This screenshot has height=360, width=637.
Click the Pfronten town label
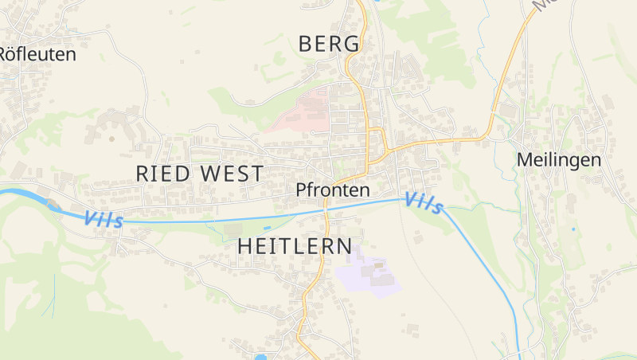coord(332,190)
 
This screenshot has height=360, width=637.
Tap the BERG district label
coord(329,45)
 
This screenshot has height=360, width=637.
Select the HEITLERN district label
coord(295,246)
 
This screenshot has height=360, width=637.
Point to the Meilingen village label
coord(559,159)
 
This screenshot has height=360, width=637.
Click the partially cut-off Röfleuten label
coord(37,54)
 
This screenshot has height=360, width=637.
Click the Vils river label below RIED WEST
coord(104,219)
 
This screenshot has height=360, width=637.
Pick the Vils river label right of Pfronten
coord(424,203)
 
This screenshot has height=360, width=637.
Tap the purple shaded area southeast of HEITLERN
coord(368,276)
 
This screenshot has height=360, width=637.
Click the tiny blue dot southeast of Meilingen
coord(573,229)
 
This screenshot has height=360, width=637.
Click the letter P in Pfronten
coord(300,190)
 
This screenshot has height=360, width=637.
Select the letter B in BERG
coord(306,45)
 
